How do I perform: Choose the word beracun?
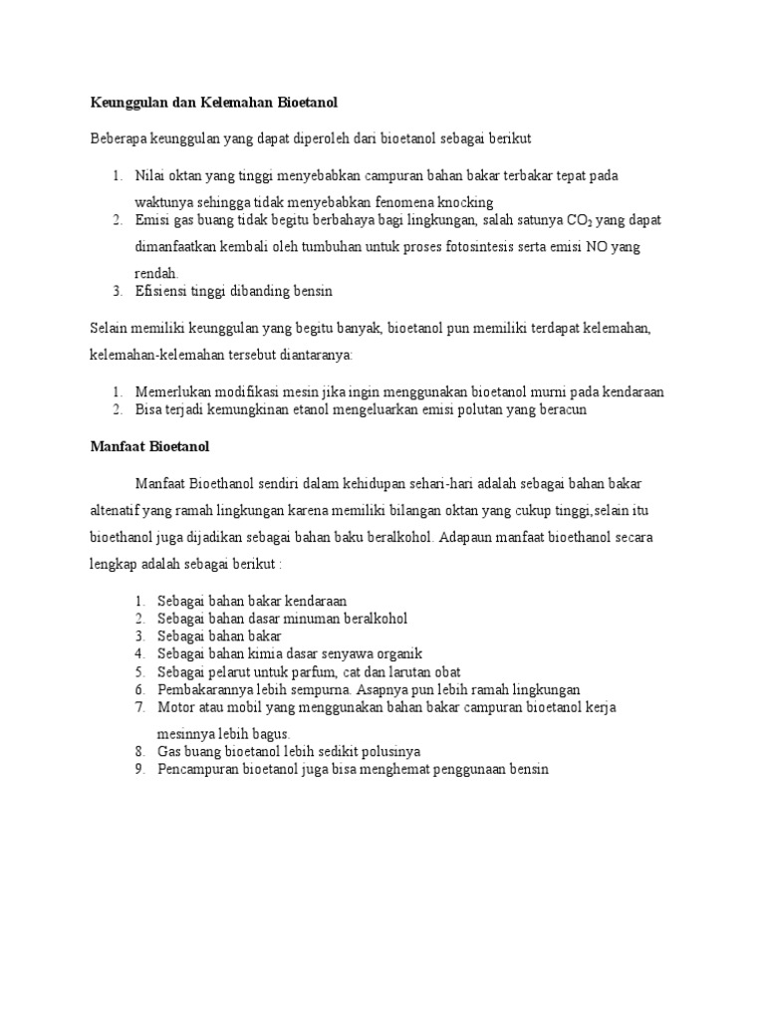pos(561,409)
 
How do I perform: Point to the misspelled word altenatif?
pos(118,510)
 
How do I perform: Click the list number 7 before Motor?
pos(140,707)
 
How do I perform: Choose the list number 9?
pos(140,769)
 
